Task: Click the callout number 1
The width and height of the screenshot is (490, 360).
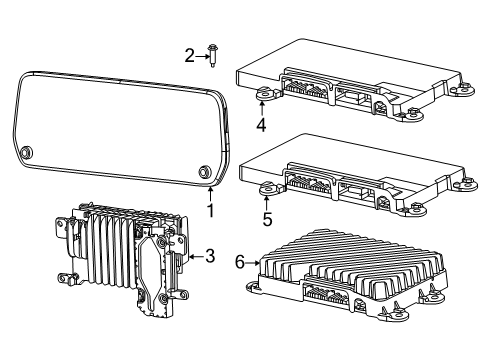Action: [x=210, y=211]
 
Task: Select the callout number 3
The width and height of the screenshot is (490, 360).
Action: [x=210, y=257]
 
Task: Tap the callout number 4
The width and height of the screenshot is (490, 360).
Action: [x=261, y=126]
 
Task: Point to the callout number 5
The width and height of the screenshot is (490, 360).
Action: [x=266, y=216]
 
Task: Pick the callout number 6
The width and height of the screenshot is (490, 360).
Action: [x=239, y=263]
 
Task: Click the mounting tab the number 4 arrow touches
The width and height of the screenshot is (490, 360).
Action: [x=264, y=96]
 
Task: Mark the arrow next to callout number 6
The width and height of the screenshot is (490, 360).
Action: [x=252, y=263]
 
